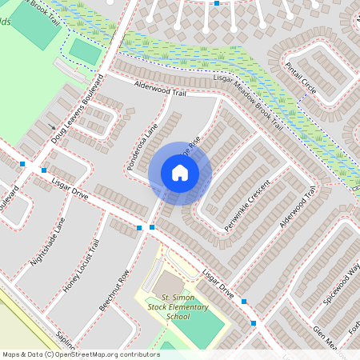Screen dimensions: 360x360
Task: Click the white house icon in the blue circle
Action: coord(180,172)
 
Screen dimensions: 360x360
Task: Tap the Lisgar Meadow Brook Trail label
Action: coord(249,103)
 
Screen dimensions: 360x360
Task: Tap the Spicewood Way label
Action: coord(342,276)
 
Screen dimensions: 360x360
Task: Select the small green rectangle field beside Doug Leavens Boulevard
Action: coord(85,51)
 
